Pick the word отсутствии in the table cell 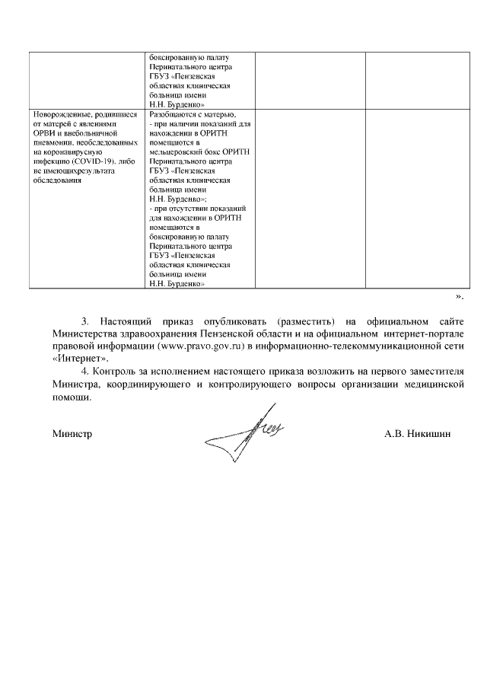pyautogui.click(x=189, y=208)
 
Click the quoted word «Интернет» pyautogui.click(x=81, y=359)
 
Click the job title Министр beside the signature pyautogui.click(x=72, y=433)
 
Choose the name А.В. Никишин pyautogui.click(x=418, y=433)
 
